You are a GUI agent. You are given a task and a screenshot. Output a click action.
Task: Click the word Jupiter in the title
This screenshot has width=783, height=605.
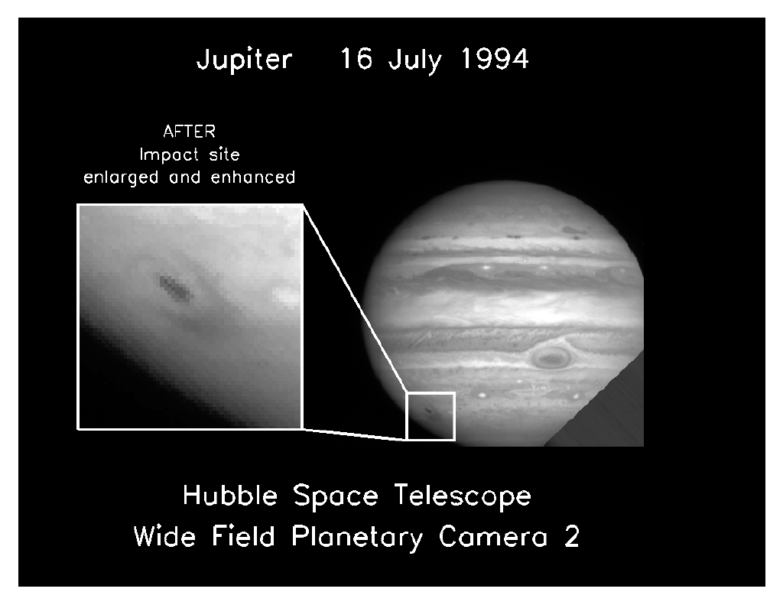244,60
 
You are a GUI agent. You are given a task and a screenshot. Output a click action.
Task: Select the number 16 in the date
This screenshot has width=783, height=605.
356,58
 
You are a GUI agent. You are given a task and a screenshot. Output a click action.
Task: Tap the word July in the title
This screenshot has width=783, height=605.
415,60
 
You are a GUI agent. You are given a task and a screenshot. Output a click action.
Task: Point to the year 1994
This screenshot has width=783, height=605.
495,58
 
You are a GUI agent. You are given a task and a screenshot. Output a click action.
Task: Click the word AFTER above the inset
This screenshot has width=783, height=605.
190,132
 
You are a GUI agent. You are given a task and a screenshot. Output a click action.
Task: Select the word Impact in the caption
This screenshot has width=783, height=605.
169,155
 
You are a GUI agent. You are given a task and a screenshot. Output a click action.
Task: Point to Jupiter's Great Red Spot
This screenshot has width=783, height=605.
551,357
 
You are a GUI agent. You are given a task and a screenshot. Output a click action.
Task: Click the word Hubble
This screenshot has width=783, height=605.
229,496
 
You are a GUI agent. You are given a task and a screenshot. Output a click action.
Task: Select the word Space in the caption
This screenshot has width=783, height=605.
336,498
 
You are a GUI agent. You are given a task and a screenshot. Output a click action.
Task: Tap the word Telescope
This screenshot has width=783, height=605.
463,498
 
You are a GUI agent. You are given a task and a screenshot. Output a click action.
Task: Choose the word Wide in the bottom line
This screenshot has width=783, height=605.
165,537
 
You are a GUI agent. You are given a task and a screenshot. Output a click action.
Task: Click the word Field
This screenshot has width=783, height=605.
243,537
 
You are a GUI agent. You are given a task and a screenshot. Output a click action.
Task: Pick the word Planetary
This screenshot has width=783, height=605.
356,538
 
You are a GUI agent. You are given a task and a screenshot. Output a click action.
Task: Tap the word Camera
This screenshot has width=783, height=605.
493,537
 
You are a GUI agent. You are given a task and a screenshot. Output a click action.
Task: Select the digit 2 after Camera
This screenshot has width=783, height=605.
572,537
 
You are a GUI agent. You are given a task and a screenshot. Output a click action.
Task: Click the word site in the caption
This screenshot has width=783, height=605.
225,155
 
